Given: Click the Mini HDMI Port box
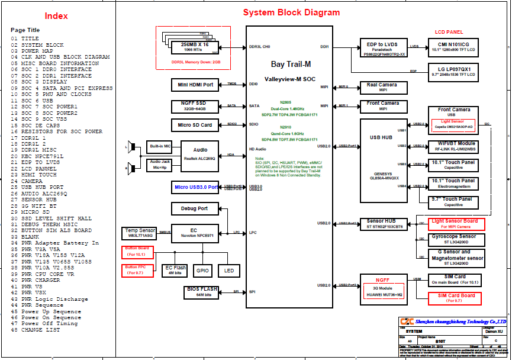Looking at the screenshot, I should [195, 84].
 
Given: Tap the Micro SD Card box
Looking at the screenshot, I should [195, 125].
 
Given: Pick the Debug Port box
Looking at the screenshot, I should [194, 208].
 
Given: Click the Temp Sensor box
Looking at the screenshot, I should [140, 233].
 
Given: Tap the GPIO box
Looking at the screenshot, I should [204, 271].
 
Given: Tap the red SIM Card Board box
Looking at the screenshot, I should [456, 298].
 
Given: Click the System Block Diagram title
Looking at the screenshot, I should [291, 12].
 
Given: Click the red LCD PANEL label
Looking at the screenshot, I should [449, 32].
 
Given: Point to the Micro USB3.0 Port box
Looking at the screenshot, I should [195, 188].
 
